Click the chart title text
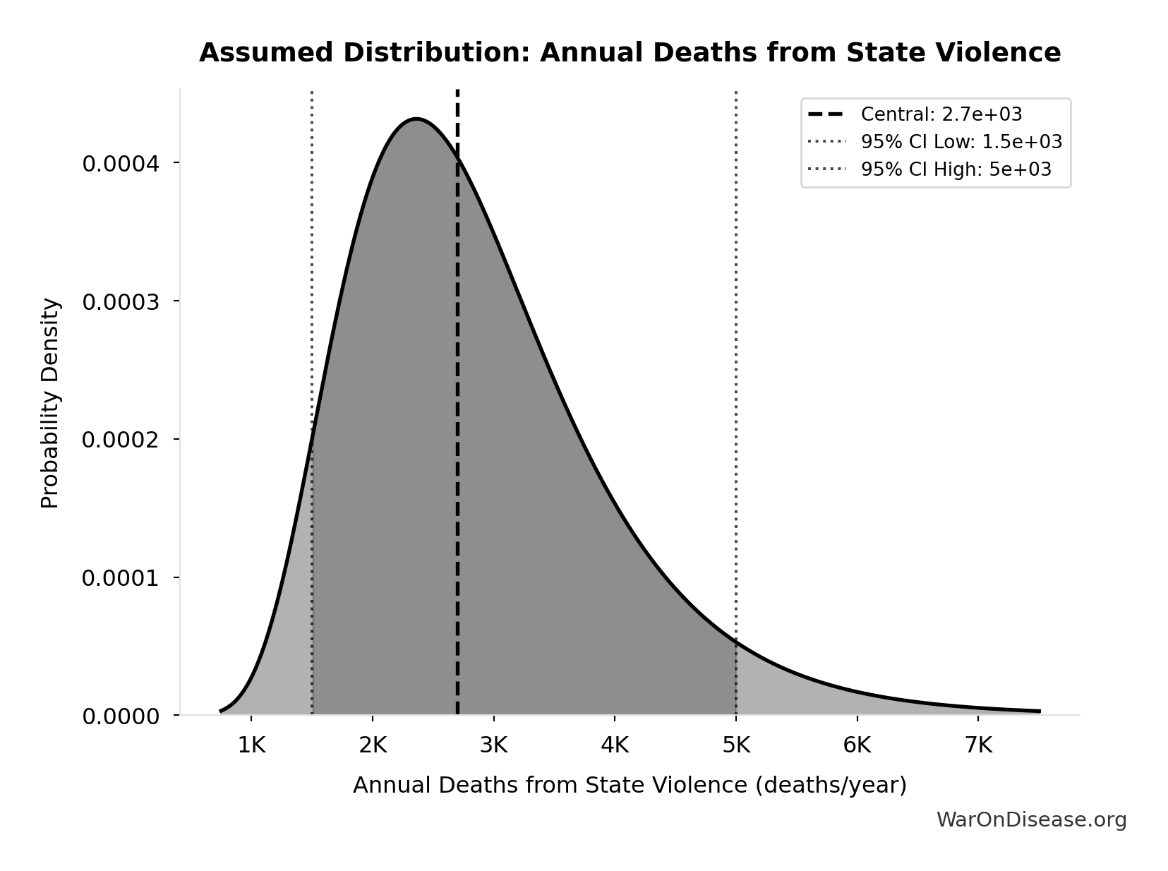click(630, 53)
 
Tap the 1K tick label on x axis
click(251, 745)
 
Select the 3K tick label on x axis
click(493, 745)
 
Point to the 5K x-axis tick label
click(736, 745)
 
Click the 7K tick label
click(978, 745)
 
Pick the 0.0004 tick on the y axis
click(121, 164)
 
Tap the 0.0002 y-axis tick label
click(121, 440)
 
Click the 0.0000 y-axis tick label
click(121, 716)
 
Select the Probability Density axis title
click(50, 403)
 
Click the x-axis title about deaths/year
click(630, 785)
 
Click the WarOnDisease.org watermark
click(1031, 819)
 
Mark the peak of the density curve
click(416, 119)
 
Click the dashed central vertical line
click(457, 424)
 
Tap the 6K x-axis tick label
click(857, 745)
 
